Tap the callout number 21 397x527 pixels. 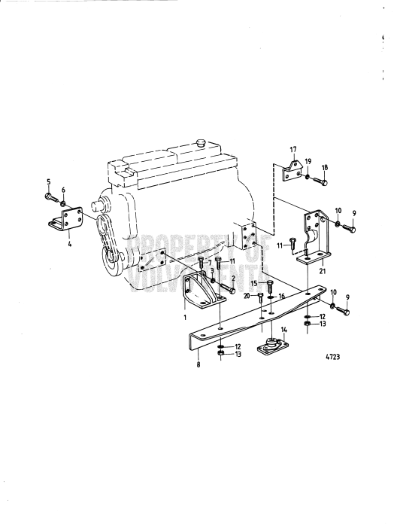[x=323, y=270]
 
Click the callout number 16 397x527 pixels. [x=282, y=297]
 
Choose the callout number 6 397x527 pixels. [x=63, y=189]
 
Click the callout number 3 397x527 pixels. [x=213, y=270]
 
